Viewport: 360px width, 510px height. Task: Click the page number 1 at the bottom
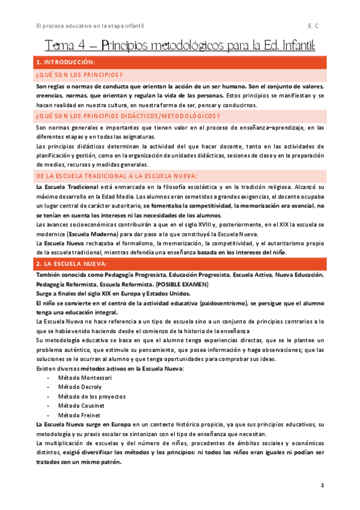[322, 485]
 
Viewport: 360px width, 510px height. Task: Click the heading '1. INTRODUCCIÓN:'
[65, 62]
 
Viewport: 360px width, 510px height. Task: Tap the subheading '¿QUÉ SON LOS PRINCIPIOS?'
[79, 75]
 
